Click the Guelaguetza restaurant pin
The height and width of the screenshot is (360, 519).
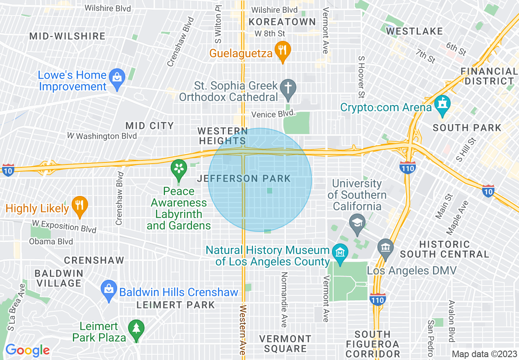click(x=282, y=51)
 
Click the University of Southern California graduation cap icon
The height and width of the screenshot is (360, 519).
click(x=357, y=223)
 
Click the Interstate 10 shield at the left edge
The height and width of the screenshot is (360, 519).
click(x=8, y=169)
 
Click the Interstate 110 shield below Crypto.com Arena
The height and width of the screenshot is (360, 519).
click(x=408, y=167)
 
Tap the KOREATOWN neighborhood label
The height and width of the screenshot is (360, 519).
click(x=282, y=22)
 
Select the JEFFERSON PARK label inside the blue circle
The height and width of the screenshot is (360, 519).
click(x=244, y=178)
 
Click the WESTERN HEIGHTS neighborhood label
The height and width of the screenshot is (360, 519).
click(x=223, y=136)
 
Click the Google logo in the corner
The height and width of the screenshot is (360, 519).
click(x=27, y=351)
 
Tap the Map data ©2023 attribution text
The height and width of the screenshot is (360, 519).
click(x=484, y=354)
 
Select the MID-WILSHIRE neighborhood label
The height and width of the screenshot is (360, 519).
click(x=68, y=36)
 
